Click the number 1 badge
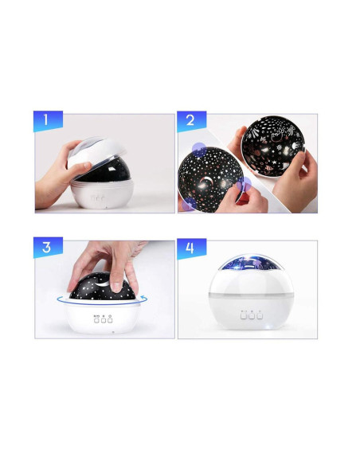(x=48, y=120)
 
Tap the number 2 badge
(x=192, y=120)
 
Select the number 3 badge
(x=48, y=247)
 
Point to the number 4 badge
(x=192, y=248)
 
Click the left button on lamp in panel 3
(x=96, y=320)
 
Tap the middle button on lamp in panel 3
(x=104, y=320)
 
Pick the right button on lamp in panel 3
(x=110, y=320)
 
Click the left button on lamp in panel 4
(x=244, y=316)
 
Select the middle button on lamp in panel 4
(x=252, y=316)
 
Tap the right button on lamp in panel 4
(x=260, y=316)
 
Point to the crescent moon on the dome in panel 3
(x=101, y=283)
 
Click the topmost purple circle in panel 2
(x=199, y=150)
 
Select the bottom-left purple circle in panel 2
(x=189, y=205)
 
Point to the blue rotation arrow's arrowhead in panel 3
(x=144, y=297)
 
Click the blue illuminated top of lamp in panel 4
(x=251, y=262)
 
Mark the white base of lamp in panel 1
(x=102, y=194)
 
